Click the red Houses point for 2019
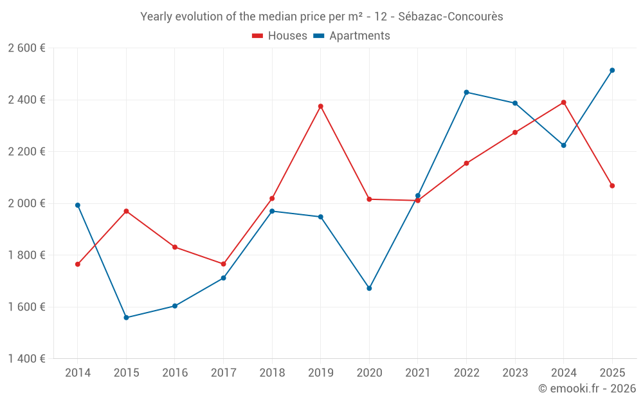[321, 106]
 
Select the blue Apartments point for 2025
[612, 70]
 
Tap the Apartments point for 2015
[126, 318]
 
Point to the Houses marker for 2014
[78, 264]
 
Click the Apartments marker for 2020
[369, 288]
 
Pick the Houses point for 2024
[564, 102]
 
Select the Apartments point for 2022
[466, 92]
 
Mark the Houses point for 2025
[612, 186]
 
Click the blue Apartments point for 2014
[78, 205]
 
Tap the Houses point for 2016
[175, 247]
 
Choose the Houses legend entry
[280, 36]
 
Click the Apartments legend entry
[352, 36]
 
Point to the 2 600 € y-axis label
[26, 48]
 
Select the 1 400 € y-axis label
[26, 359]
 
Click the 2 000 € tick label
[26, 203]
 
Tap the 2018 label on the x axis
[272, 373]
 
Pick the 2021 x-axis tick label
[418, 373]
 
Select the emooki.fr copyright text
[587, 388]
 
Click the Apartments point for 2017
[224, 278]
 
